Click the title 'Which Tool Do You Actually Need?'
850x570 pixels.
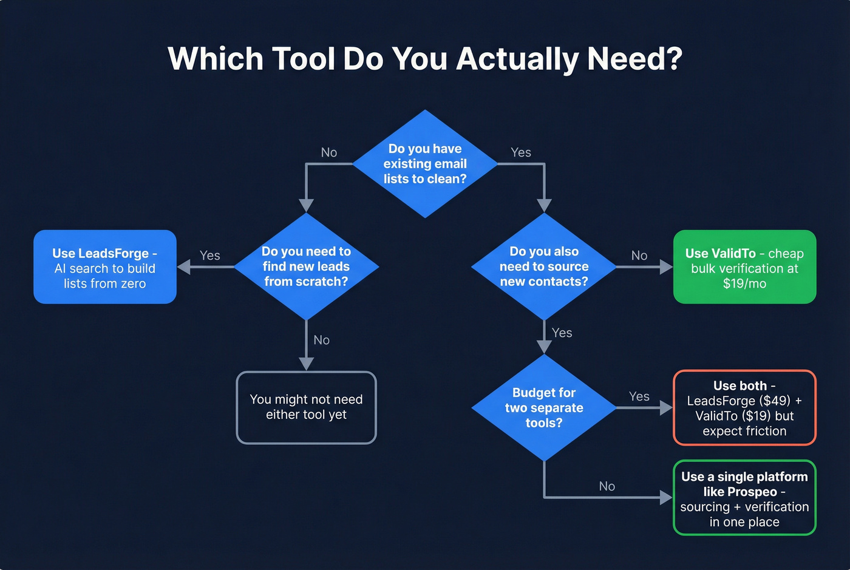point(425,59)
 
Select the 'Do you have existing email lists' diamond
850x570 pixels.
point(425,164)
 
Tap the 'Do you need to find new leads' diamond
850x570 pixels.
point(307,266)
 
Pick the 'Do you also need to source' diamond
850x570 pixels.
point(544,266)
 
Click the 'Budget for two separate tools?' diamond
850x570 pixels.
point(544,408)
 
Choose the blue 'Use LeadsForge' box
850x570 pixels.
point(105,267)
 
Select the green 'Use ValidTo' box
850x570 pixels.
point(744,267)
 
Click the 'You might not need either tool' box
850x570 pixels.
point(306,407)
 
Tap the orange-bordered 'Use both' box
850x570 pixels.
point(744,408)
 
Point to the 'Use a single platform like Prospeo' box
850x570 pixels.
point(744,498)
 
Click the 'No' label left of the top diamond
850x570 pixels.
point(329,152)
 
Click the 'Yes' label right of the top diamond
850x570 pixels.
point(521,152)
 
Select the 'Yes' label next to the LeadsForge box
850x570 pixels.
point(210,256)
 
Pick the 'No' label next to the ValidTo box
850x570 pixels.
point(639,256)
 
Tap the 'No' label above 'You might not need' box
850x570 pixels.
point(322,340)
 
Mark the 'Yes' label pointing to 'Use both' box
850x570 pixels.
point(639,396)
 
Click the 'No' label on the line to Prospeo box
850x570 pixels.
point(607,486)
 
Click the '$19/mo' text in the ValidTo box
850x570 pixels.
point(744,283)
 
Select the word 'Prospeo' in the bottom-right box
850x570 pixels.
point(752,492)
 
